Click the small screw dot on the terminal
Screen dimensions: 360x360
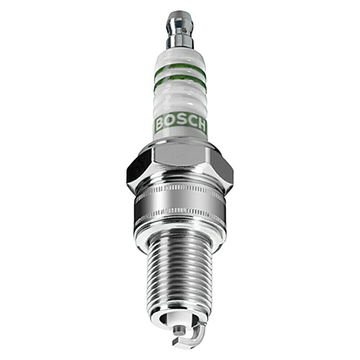coord(184,30)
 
